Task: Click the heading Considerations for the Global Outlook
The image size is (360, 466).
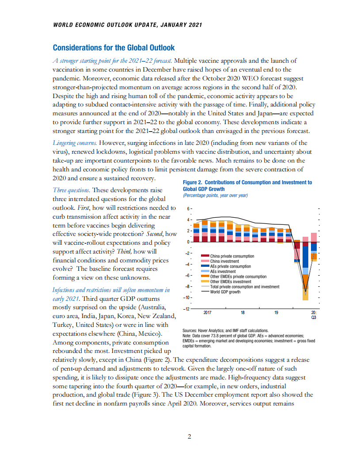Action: [114, 48]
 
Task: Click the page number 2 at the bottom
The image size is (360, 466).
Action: [189, 437]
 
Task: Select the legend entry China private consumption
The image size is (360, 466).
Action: [231, 256]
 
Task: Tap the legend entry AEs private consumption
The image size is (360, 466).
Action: [230, 266]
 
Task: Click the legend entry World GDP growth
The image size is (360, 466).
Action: [225, 292]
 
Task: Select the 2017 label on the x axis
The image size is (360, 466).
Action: [208, 312]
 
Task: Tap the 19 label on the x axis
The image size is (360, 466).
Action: [276, 312]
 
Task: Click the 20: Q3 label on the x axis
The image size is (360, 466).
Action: [314, 314]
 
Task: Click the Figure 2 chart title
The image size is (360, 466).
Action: [247, 186]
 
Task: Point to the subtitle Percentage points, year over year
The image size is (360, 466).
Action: [215, 195]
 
